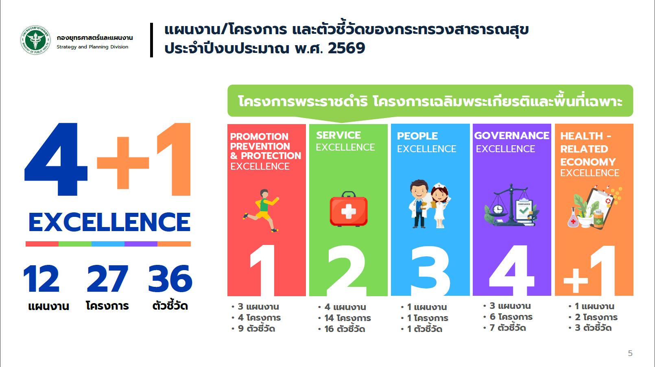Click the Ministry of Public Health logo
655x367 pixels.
pyautogui.click(x=35, y=40)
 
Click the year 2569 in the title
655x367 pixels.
pyautogui.click(x=347, y=48)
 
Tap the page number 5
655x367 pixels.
pyautogui.click(x=630, y=353)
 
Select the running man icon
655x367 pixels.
pyautogui.click(x=261, y=210)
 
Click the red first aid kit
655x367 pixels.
pyautogui.click(x=349, y=209)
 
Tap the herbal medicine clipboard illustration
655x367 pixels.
pyautogui.click(x=594, y=207)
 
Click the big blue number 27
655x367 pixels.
pyautogui.click(x=107, y=278)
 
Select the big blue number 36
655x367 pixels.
pyautogui.click(x=170, y=278)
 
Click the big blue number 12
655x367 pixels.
pyautogui.click(x=41, y=278)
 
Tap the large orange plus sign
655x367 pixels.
pyautogui.click(x=123, y=163)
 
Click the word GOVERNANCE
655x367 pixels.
pyautogui.click(x=512, y=135)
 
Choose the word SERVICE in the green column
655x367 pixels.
pyautogui.click(x=338, y=135)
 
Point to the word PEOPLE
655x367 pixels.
pyautogui.click(x=417, y=136)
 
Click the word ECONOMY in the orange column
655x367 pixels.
pyautogui.click(x=588, y=162)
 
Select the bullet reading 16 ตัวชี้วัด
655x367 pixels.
pyautogui.click(x=342, y=329)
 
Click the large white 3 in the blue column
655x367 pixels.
pyautogui.click(x=430, y=271)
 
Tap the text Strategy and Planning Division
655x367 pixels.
pyautogui.click(x=92, y=47)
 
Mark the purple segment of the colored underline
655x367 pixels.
pyautogui.click(x=141, y=244)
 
